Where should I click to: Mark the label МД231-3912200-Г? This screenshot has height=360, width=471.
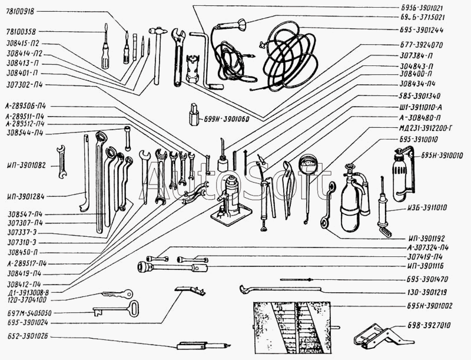click(425, 128)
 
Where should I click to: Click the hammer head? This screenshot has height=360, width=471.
click(158, 31)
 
